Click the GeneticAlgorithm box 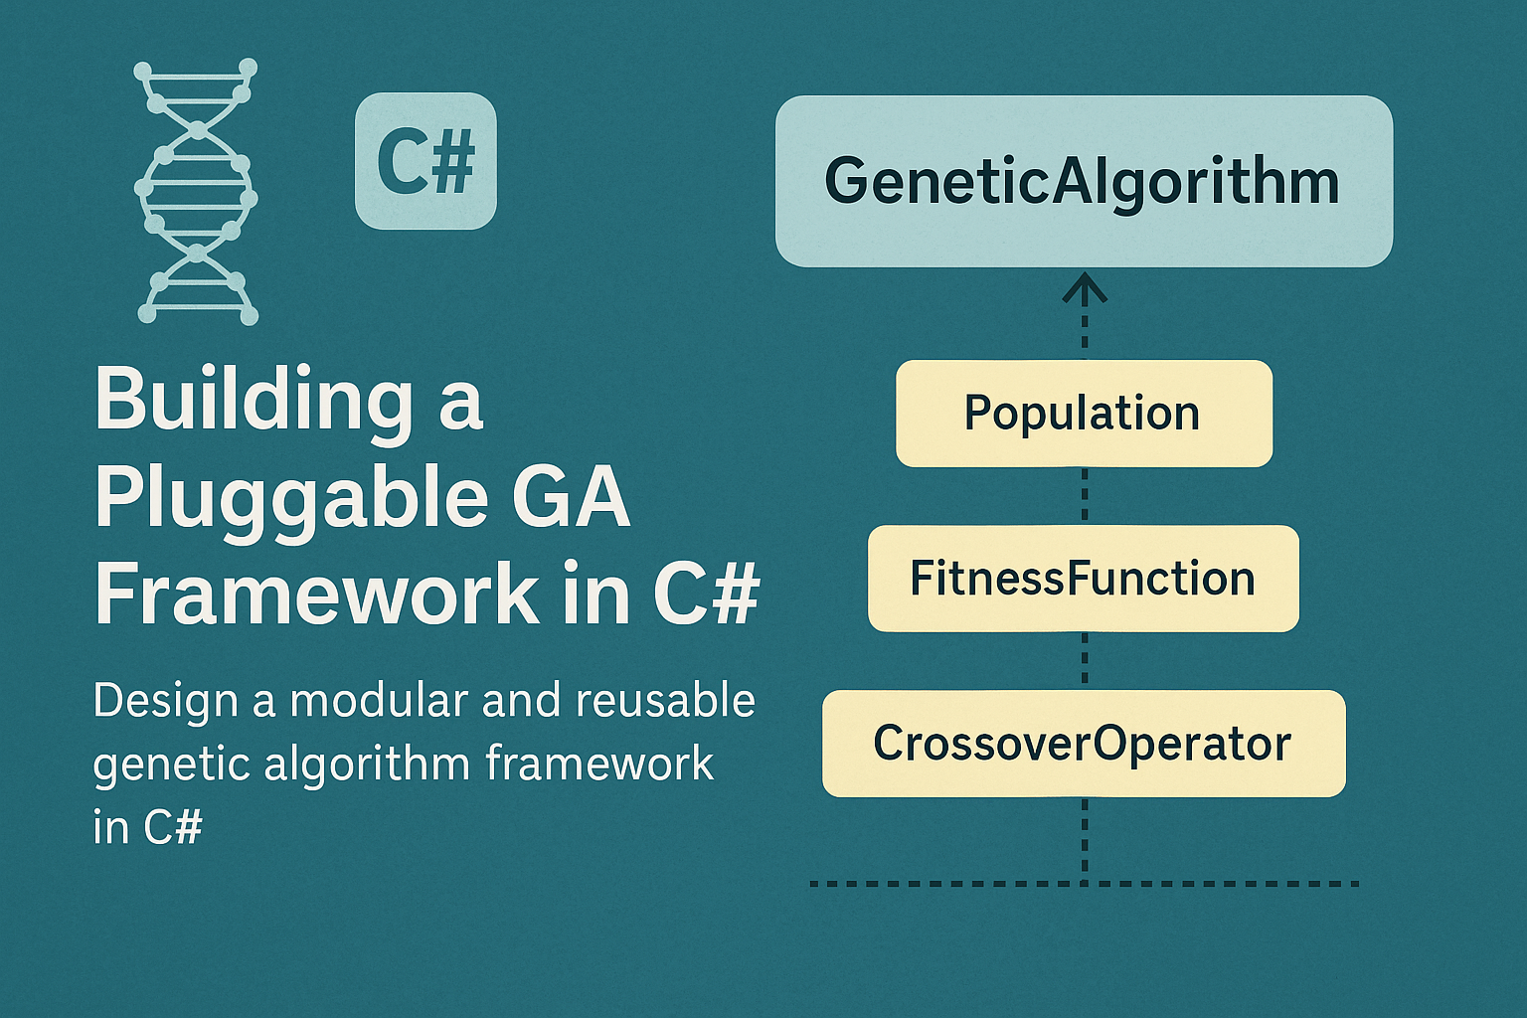click(1084, 181)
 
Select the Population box click(1084, 414)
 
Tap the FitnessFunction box click(1084, 579)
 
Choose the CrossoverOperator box click(1084, 744)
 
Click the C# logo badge click(425, 161)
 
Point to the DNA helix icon click(196, 192)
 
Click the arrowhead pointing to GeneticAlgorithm click(1085, 290)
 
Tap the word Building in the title click(254, 400)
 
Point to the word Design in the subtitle click(165, 702)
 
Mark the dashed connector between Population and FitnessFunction click(1085, 495)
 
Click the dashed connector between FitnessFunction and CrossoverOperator click(1085, 660)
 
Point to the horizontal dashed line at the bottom click(1085, 883)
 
